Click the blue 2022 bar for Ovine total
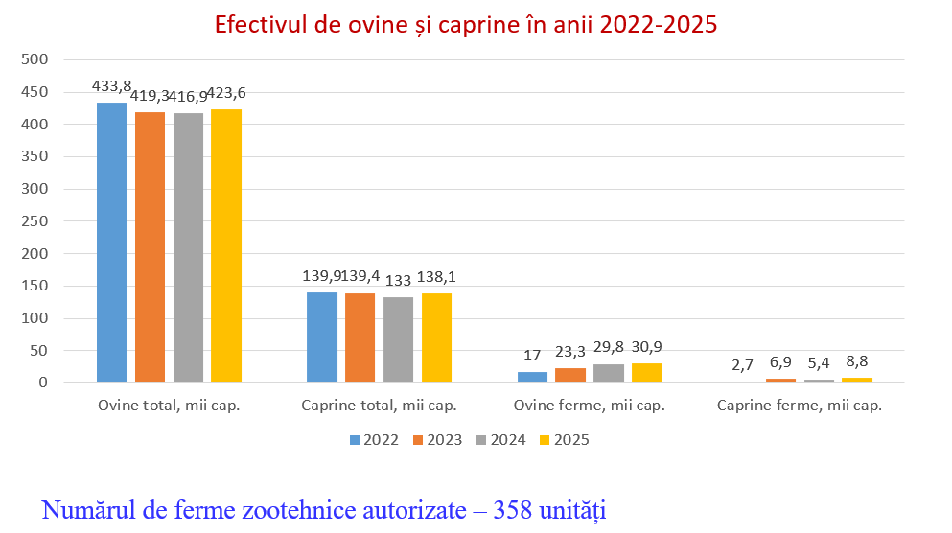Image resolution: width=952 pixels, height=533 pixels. [111, 243]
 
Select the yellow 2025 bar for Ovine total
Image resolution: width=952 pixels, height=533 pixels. [226, 245]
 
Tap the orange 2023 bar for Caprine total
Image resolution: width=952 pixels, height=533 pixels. [360, 337]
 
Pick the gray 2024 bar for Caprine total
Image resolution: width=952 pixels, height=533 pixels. [398, 339]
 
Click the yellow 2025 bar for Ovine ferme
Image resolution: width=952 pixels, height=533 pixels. [646, 373]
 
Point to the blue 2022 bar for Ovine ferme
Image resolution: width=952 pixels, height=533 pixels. [532, 377]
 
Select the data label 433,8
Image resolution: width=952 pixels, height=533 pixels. [111, 86]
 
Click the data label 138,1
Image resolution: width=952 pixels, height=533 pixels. [435, 276]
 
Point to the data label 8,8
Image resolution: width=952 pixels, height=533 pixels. [856, 362]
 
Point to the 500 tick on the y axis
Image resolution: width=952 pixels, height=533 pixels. [35, 59]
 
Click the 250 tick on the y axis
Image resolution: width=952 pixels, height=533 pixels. [35, 221]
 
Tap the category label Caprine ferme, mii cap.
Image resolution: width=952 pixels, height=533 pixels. [800, 406]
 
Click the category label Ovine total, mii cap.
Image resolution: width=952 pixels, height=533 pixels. [169, 406]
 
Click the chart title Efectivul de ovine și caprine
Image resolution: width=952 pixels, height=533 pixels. [465, 25]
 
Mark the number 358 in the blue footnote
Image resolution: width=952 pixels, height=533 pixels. [513, 509]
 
